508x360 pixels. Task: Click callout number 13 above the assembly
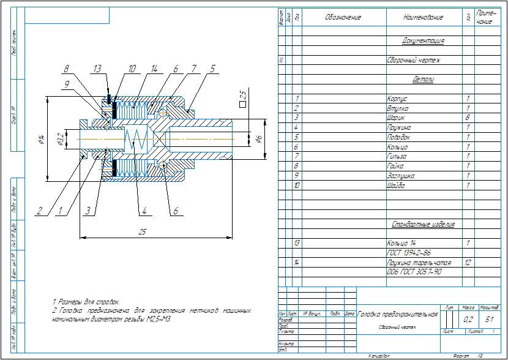pos(97,70)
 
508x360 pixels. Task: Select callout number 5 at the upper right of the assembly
pos(212,70)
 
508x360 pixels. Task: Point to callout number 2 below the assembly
pos(39,211)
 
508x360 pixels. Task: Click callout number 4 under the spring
pos(145,212)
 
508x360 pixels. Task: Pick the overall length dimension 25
pos(142,232)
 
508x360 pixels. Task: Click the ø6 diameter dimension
pos(258,140)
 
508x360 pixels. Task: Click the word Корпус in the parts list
pos(397,99)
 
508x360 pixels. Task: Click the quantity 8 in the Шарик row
pos(468,118)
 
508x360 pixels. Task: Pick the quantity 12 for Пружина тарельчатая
pos(468,262)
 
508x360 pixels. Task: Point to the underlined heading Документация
pos(423,41)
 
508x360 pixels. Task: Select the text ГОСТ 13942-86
pos(409,252)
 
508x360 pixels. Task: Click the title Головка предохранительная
pos(398,314)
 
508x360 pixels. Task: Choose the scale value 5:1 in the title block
pos(489,320)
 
